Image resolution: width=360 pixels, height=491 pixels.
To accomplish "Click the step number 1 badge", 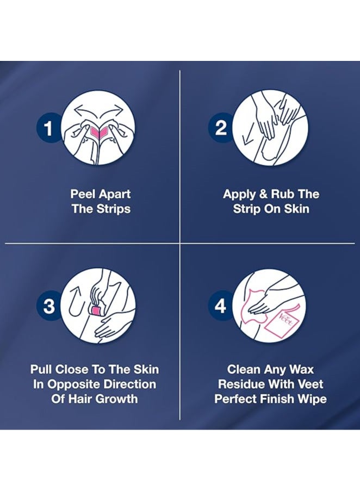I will [x=49, y=129].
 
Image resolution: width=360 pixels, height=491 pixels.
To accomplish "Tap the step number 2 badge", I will [x=221, y=129].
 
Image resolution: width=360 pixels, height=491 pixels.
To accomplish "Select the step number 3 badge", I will [x=49, y=306].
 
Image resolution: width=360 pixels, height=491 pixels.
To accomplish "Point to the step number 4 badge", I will [x=221, y=306].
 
